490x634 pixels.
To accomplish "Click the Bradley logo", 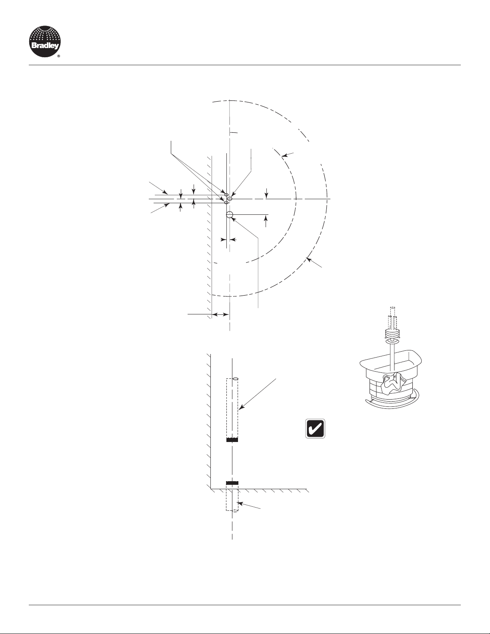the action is [x=45, y=41].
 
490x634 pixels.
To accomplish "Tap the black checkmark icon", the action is [x=315, y=428].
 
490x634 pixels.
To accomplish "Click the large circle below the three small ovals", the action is [x=230, y=215].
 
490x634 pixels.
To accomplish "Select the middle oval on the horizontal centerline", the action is [x=230, y=199].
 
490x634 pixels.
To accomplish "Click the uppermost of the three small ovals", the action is [x=226, y=194].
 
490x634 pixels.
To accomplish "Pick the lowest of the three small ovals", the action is [x=226, y=202].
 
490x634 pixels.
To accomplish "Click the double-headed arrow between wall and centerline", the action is [x=220, y=314].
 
